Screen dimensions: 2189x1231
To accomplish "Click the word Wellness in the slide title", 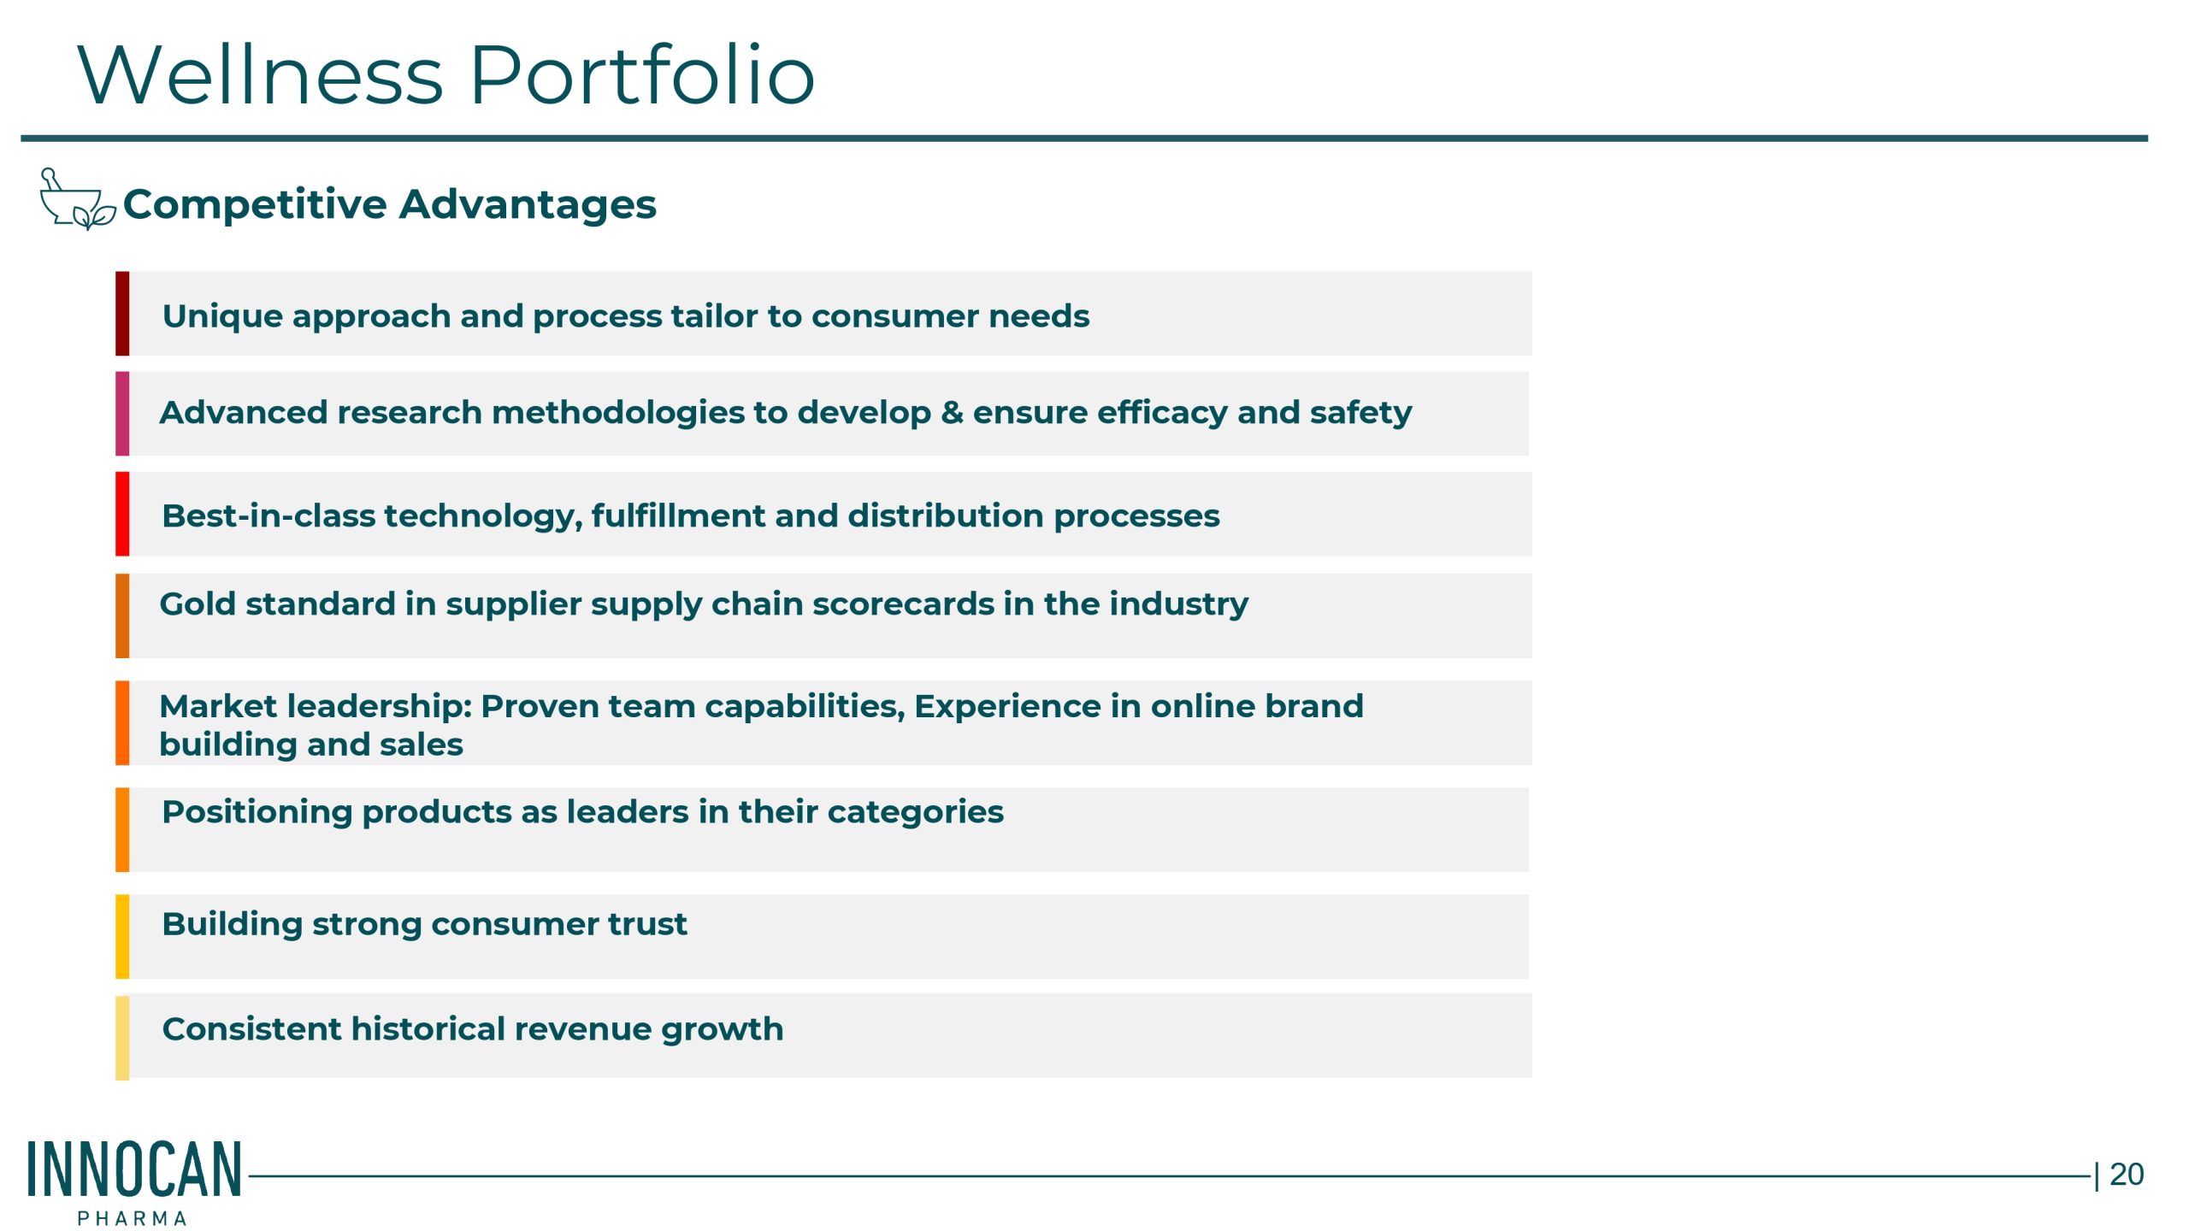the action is pyautogui.click(x=261, y=75).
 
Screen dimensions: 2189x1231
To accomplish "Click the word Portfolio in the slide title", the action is pyautogui.click(x=642, y=75).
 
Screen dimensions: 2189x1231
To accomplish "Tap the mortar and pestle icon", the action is pyautogui.click(x=77, y=198).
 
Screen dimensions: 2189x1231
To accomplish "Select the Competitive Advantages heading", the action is pyautogui.click(x=389, y=204).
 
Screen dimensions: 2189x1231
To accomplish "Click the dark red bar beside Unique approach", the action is pyautogui.click(x=122, y=313).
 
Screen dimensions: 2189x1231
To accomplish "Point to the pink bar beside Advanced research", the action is pyautogui.click(x=122, y=413).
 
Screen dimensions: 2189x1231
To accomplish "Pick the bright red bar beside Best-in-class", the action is pyautogui.click(x=122, y=513).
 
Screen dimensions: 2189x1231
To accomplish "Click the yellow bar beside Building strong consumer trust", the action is pyautogui.click(x=122, y=936).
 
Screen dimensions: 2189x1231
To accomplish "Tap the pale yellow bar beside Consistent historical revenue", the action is pyautogui.click(x=122, y=1037).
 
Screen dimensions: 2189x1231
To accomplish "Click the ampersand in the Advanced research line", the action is pyautogui.click(x=952, y=413).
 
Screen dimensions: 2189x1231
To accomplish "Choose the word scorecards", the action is pyautogui.click(x=902, y=604).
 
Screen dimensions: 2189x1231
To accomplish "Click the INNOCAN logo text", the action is pyautogui.click(x=135, y=1168).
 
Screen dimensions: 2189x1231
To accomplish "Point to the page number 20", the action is pyautogui.click(x=2126, y=1175).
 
